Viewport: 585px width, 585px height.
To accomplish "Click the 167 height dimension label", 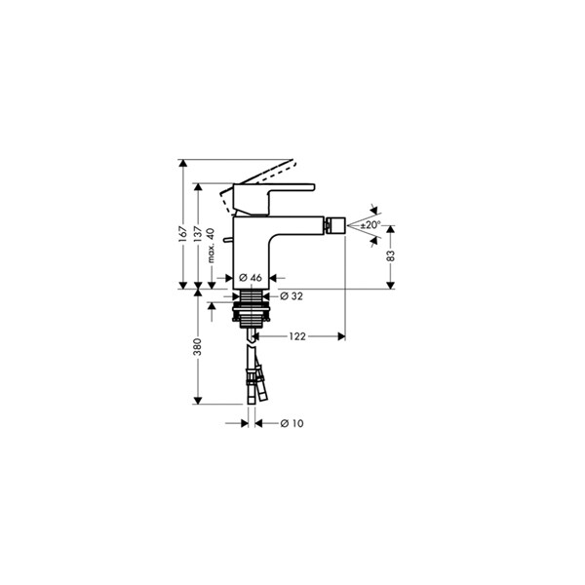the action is (183, 234).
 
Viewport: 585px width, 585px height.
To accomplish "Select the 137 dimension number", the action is (198, 234).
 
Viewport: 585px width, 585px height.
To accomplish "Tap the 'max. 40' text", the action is (211, 246).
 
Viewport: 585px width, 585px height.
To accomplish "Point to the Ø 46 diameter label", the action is (251, 278).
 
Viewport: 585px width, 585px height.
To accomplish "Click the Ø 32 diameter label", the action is (292, 296).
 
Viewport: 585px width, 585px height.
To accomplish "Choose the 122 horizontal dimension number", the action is (297, 336).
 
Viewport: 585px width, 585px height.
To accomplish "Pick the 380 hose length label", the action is (198, 346).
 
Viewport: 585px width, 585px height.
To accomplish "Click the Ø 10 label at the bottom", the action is (292, 423).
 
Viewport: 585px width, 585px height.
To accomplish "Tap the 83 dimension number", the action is (390, 255).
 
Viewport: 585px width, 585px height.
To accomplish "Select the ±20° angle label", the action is (370, 225).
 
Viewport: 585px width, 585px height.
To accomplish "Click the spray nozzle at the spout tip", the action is (335, 226).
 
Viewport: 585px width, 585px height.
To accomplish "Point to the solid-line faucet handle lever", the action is (274, 199).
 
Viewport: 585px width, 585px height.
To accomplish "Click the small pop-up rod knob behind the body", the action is (226, 240).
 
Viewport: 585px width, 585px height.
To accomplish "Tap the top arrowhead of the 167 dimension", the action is (183, 163).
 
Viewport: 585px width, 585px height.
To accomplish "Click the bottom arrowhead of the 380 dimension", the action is (198, 401).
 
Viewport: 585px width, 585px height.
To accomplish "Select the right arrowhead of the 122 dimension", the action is (341, 336).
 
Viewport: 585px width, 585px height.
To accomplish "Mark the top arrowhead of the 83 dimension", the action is (390, 229).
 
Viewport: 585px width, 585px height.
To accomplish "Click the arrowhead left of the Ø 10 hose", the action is (245, 423).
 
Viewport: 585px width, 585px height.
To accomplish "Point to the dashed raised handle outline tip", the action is (292, 162).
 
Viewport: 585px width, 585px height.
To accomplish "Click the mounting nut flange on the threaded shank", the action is (252, 308).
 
